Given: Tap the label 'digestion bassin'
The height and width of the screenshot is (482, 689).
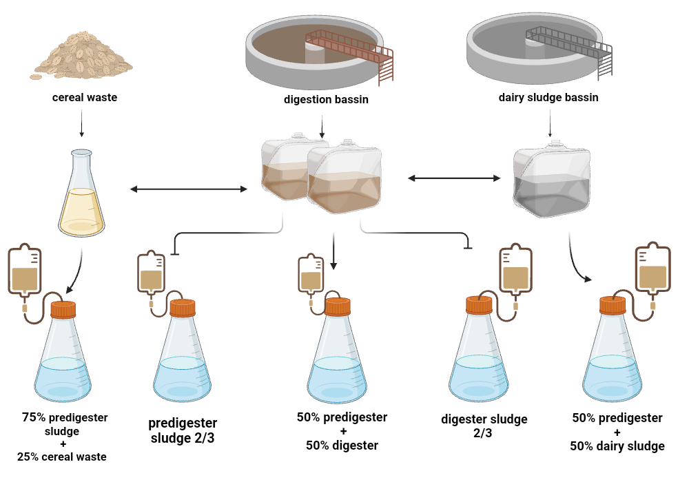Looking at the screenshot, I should [326, 100].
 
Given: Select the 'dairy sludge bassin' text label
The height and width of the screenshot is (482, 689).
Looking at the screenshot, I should [548, 98].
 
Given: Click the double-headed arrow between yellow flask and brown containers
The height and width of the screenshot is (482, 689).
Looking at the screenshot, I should [189, 189].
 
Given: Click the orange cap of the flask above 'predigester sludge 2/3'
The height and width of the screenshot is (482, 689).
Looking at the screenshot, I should [183, 308].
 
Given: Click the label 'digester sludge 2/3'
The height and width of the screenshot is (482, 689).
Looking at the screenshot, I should [484, 426].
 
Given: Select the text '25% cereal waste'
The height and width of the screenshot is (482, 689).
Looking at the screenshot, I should [63, 457].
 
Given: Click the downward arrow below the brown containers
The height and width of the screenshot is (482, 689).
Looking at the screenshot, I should [333, 251].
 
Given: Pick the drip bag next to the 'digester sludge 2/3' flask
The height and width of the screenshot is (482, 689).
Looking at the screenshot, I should [515, 273].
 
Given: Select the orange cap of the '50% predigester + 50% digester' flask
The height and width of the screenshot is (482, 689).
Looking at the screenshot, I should [338, 306].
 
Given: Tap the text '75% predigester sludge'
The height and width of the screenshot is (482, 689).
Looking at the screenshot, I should [65, 424].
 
